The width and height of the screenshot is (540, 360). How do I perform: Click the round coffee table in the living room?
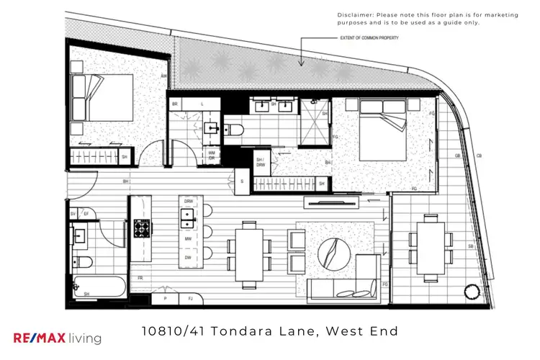pyautogui.click(x=337, y=252)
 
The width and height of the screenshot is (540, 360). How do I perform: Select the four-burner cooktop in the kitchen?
pyautogui.click(x=140, y=229)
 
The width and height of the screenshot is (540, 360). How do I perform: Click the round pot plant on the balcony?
pyautogui.click(x=472, y=292)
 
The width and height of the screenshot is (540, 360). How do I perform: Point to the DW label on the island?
pyautogui.click(x=188, y=257)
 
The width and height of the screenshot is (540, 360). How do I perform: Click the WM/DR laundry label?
pyautogui.click(x=212, y=155)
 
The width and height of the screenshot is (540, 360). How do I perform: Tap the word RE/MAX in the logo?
pyautogui.click(x=40, y=337)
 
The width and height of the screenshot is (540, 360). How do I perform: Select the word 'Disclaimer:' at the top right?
pyautogui.click(x=354, y=14)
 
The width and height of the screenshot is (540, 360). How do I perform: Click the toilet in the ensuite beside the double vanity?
pyautogui.click(x=235, y=130)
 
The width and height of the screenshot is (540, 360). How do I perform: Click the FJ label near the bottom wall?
pyautogui.click(x=190, y=297)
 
